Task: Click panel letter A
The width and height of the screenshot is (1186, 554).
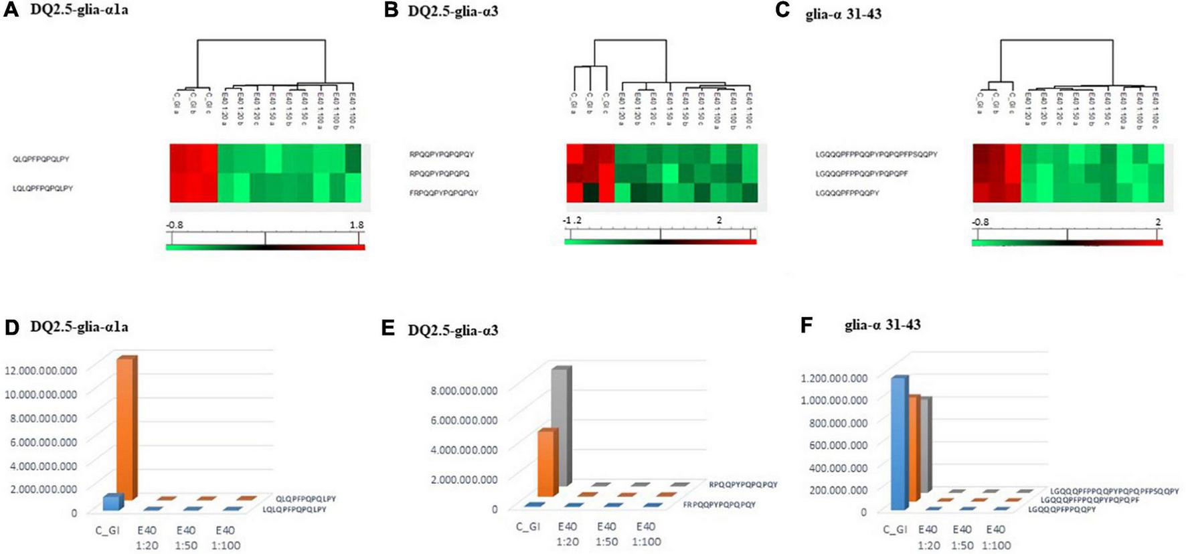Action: [11, 11]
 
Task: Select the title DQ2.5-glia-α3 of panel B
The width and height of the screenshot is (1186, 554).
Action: [452, 11]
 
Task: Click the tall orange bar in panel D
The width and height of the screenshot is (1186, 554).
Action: [126, 428]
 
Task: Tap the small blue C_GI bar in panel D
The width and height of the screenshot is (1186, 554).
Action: [112, 502]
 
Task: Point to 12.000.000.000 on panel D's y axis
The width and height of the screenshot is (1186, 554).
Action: [41, 370]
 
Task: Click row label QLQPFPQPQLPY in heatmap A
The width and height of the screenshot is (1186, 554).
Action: [41, 159]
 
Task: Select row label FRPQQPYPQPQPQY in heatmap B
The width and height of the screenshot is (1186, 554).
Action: [444, 193]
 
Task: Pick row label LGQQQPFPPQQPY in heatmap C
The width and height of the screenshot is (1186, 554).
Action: [847, 193]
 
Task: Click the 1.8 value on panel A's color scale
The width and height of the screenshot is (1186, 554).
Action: [357, 225]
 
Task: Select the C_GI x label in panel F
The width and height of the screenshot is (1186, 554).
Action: [895, 529]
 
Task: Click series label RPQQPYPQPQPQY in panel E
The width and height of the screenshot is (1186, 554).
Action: [743, 484]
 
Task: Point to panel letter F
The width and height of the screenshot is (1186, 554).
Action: [807, 325]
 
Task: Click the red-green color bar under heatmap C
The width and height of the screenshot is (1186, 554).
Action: [1067, 243]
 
